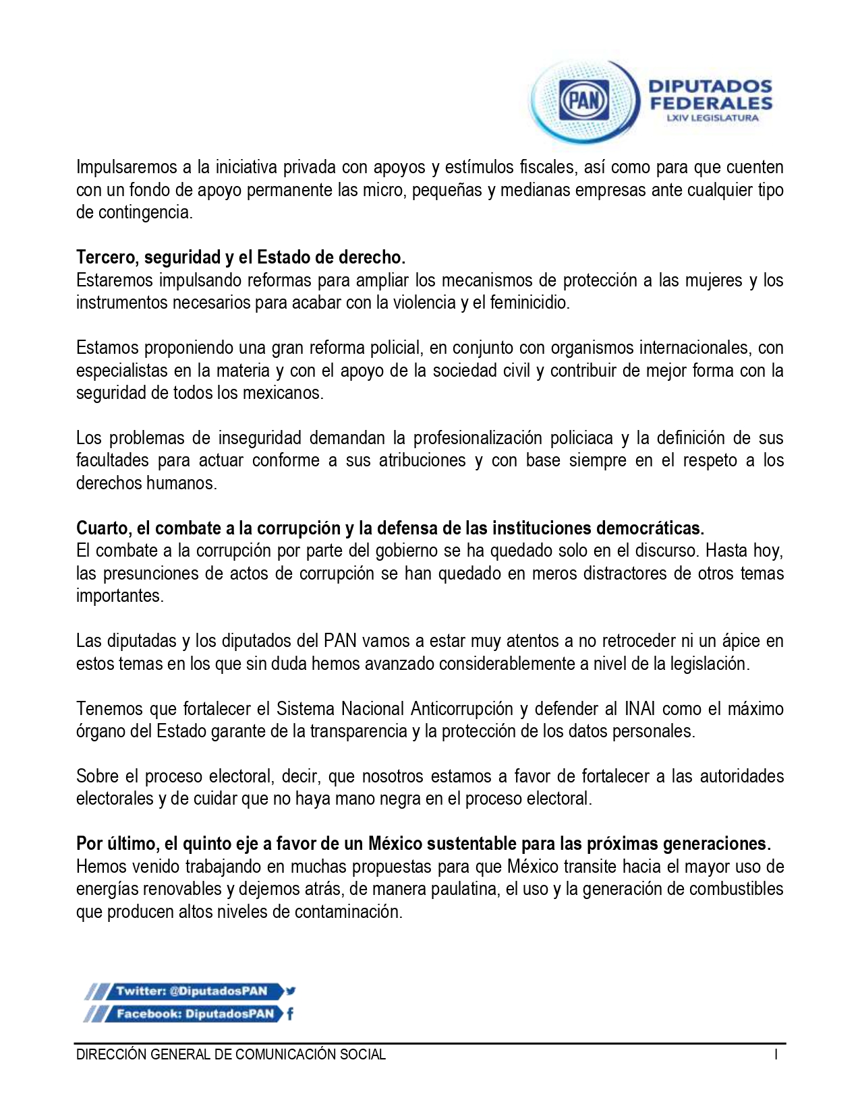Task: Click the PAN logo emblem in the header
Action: (584, 102)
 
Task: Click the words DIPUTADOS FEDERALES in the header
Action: (710, 95)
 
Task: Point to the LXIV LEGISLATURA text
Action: (711, 118)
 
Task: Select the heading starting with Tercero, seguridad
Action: (241, 257)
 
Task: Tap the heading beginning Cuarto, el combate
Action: (390, 527)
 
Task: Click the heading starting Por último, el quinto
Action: (423, 843)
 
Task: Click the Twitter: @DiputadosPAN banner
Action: (192, 991)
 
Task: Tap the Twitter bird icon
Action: (291, 991)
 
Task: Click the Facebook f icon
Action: (290, 1014)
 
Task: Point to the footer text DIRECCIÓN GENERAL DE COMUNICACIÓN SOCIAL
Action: (231, 1055)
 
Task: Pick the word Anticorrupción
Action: (461, 708)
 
